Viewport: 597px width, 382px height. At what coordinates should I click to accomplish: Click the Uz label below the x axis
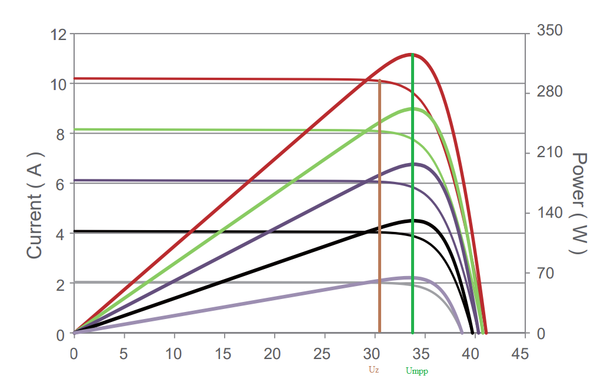(x=374, y=370)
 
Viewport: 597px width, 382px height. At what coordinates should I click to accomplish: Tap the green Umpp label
(x=416, y=371)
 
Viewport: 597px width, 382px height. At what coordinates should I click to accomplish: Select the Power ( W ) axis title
(x=580, y=203)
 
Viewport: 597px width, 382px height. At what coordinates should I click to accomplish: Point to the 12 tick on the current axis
(x=59, y=34)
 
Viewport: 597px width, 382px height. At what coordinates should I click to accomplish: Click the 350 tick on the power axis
(x=550, y=31)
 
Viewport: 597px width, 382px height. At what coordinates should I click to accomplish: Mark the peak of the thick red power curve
(x=412, y=54)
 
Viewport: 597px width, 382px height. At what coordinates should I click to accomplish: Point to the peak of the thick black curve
(x=412, y=220)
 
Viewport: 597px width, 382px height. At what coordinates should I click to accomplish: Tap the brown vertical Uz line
(x=379, y=206)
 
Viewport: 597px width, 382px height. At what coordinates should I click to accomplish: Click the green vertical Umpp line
(x=412, y=194)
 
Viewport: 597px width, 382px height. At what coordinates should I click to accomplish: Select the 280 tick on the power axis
(x=550, y=92)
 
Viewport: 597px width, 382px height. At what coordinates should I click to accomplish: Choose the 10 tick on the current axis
(x=59, y=84)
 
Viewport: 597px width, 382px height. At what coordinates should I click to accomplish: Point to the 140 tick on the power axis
(x=550, y=212)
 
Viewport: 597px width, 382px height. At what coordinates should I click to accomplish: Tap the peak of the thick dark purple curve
(x=412, y=164)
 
